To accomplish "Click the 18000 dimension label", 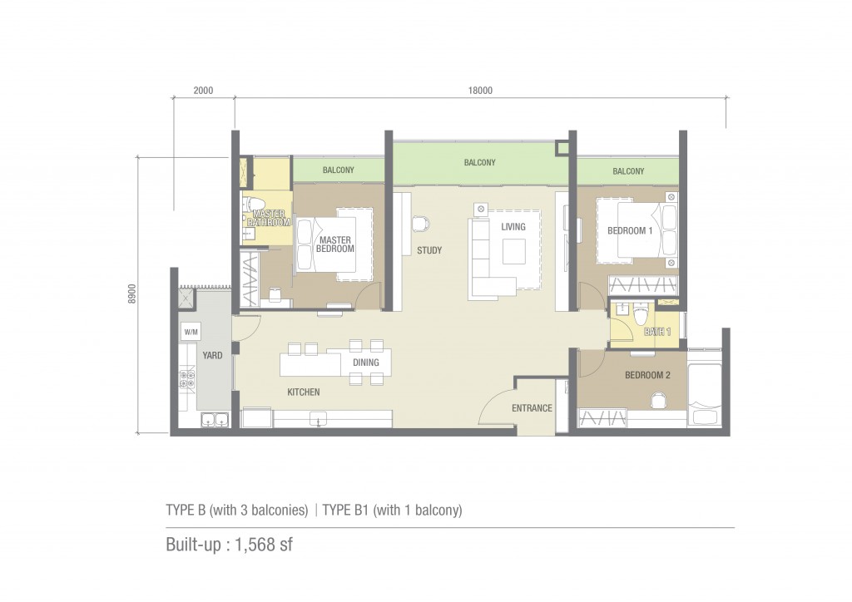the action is tap(480, 91).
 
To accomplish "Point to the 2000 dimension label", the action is tap(203, 91).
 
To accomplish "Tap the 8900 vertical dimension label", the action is tap(132, 294).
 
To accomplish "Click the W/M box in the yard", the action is tap(191, 332).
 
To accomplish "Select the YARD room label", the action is tap(212, 356).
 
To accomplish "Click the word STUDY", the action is tap(429, 250).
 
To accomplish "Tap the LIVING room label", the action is tap(513, 227).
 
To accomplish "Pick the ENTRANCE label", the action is tap(532, 408).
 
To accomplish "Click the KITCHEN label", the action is tap(303, 392).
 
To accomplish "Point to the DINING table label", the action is tap(366, 363).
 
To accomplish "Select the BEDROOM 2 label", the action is tap(647, 375).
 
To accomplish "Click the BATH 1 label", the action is tap(657, 332).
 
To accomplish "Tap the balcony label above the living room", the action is tap(479, 162).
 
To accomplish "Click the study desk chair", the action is tap(420, 224).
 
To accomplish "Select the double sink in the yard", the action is tap(215, 420).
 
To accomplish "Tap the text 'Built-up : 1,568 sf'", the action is tap(229, 545).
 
